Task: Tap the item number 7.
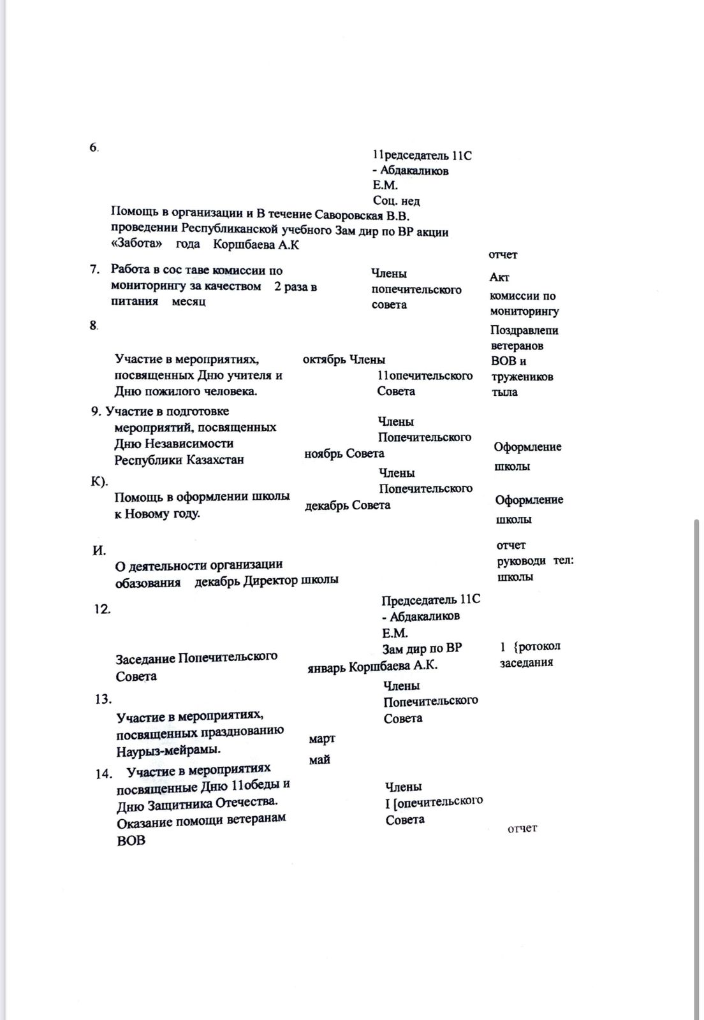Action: (x=95, y=270)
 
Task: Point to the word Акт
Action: (x=499, y=277)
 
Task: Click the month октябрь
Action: (x=324, y=360)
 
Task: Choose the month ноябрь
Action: (x=323, y=454)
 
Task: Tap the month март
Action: (x=322, y=739)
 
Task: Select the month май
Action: (x=319, y=760)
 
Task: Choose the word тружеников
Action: (x=522, y=377)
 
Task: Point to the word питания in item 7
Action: (x=135, y=302)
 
